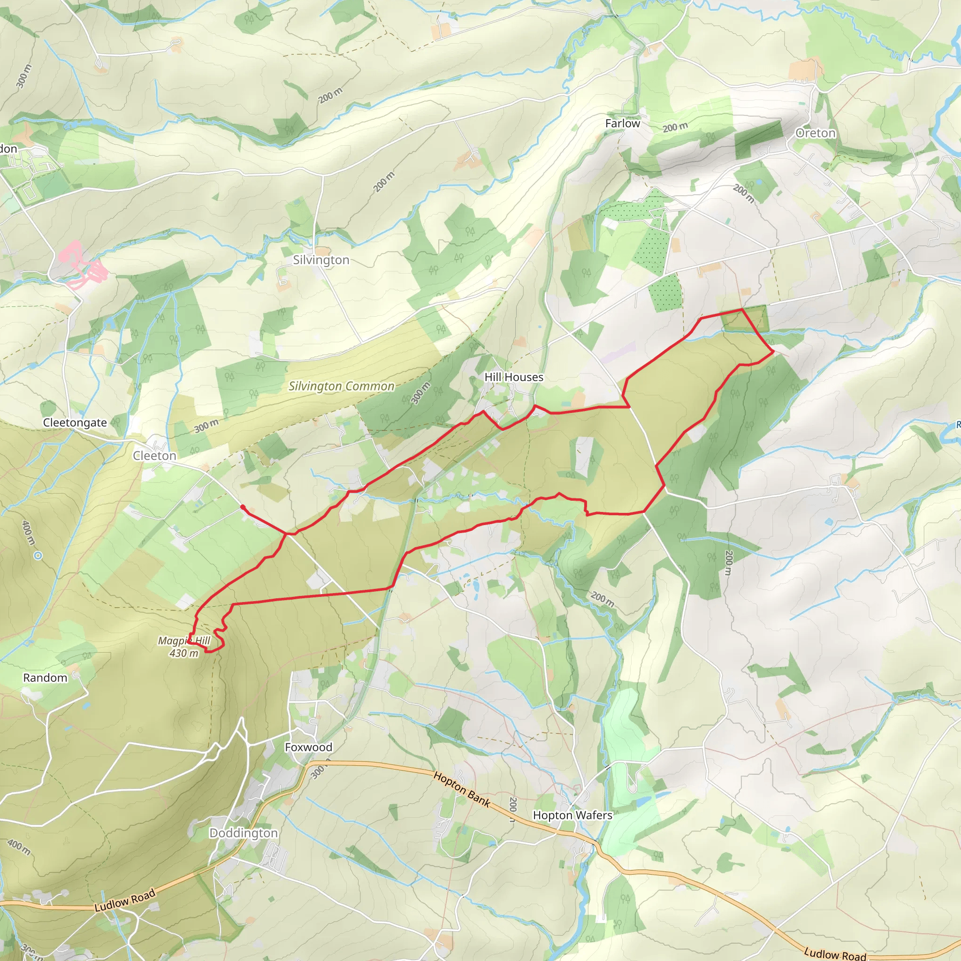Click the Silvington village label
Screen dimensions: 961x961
[x=321, y=260]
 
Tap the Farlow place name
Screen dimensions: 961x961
[x=622, y=123]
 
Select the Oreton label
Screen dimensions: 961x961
[x=815, y=133]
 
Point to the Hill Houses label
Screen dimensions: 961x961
[x=514, y=377]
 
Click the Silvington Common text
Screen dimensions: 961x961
[x=341, y=387]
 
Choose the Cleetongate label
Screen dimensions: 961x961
[x=75, y=423]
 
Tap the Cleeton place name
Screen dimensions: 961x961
[x=154, y=456]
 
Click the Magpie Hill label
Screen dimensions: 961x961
[x=184, y=641]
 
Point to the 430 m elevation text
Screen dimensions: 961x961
[x=184, y=653]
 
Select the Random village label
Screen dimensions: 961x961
[x=45, y=678]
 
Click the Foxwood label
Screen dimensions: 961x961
[x=308, y=747]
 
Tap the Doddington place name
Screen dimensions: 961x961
[x=243, y=833]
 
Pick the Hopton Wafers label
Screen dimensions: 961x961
[x=572, y=815]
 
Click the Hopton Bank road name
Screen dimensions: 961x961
[x=462, y=789]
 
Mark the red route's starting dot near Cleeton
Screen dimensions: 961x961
[x=242, y=507]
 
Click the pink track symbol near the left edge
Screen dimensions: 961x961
[x=82, y=265]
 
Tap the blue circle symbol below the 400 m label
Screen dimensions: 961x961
[x=38, y=556]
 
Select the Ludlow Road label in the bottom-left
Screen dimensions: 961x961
[x=125, y=900]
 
